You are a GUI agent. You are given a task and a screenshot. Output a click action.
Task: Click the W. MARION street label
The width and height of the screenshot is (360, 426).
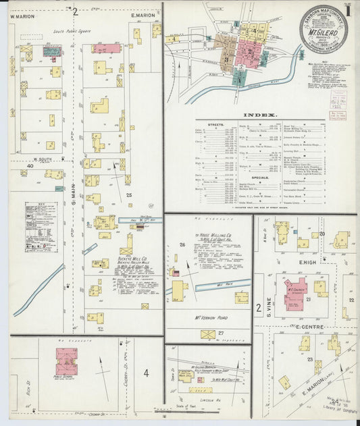point(22,16)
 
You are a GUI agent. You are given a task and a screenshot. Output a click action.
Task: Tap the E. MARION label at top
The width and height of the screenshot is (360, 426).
point(143,16)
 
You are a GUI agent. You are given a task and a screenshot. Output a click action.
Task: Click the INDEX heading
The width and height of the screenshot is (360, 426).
point(261,114)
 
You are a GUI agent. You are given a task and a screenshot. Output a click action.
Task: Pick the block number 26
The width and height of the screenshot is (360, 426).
point(182,244)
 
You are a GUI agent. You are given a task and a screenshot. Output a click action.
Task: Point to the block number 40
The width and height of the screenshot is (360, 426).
point(30,165)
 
